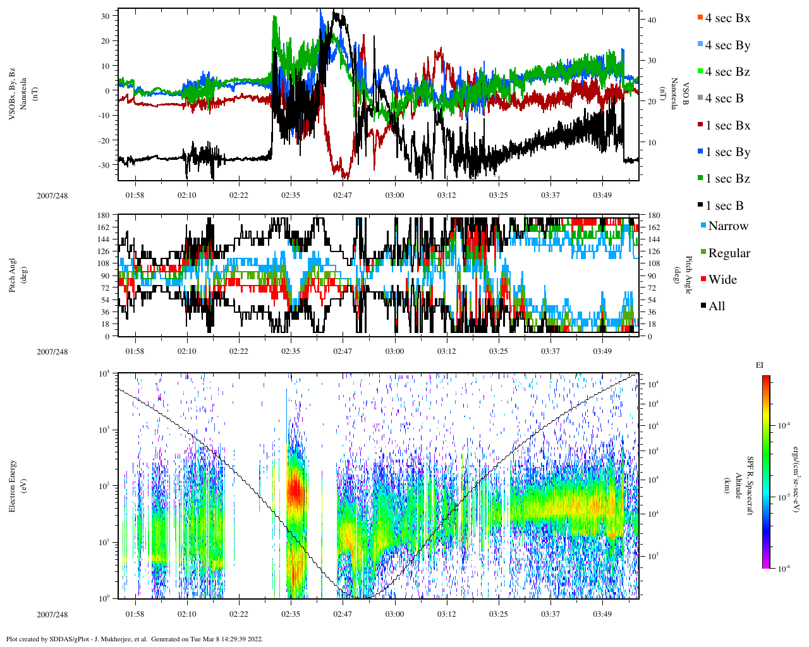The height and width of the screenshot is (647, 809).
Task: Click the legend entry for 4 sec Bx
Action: click(727, 18)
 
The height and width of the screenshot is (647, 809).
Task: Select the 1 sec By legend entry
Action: click(727, 152)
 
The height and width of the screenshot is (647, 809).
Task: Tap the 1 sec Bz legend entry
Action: click(727, 179)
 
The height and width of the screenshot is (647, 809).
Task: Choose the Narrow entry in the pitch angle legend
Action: click(727, 226)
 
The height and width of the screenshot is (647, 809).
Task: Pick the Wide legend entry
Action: click(722, 280)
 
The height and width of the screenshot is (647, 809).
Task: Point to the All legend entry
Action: click(716, 306)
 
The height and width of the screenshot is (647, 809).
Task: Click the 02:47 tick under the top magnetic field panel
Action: click(343, 195)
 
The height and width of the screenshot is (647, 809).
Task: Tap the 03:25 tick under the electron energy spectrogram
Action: click(498, 614)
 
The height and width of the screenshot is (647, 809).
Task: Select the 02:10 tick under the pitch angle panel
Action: click(186, 351)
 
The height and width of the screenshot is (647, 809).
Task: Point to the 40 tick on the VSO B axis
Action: click(652, 20)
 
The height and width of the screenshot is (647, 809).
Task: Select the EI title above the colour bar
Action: click(760, 365)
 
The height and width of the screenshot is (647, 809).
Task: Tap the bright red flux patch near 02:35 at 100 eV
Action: click(295, 490)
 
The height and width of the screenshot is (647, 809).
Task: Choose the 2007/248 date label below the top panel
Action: click(52, 195)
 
